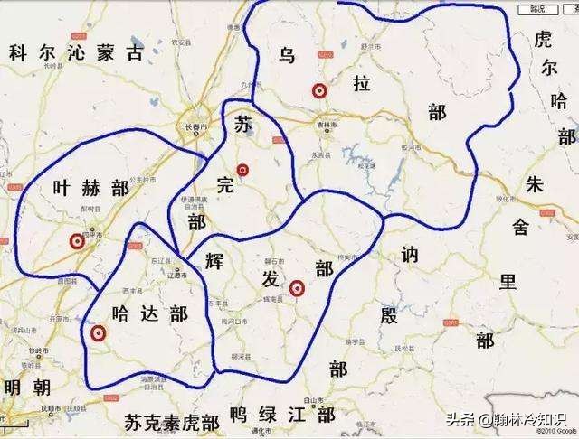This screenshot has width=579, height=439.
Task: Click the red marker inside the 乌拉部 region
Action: (x=318, y=90)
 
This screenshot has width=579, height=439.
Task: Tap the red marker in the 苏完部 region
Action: (x=242, y=170)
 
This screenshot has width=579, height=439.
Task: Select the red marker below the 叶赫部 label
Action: (x=76, y=241)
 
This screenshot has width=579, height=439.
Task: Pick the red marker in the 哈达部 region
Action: (x=99, y=334)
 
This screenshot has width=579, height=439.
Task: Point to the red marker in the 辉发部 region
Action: (x=296, y=289)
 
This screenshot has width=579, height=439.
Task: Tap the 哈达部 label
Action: (x=149, y=313)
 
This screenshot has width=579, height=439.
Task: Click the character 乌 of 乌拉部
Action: (x=287, y=56)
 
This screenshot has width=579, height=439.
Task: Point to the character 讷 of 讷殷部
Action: (x=407, y=256)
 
